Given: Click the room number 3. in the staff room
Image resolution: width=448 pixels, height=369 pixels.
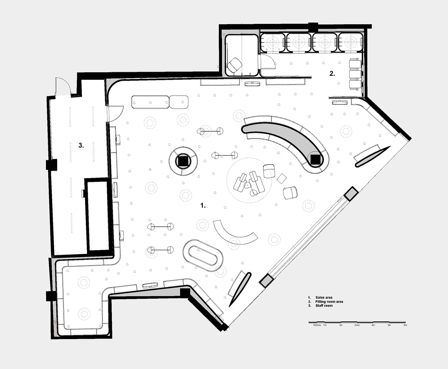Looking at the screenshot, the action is (81, 146).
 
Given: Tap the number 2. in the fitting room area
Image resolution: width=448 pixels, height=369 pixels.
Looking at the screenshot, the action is (332, 73).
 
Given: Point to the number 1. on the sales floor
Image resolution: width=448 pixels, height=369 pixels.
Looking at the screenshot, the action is (203, 205).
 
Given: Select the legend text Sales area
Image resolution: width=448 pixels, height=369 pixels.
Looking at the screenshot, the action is (324, 297).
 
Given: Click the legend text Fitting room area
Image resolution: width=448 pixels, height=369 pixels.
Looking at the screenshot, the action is (329, 301).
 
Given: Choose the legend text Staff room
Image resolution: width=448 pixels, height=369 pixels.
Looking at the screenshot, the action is (324, 305).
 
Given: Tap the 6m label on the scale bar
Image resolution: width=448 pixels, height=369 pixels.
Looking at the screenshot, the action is (405, 325).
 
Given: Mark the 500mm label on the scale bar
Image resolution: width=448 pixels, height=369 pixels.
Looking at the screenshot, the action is (317, 325).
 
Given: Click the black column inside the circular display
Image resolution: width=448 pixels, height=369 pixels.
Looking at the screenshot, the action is (183, 161).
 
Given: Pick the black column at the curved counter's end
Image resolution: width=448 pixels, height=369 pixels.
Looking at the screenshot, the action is (315, 159).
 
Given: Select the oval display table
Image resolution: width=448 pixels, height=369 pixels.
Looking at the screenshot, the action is (203, 256).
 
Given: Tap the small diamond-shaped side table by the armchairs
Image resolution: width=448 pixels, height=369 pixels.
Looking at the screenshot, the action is (282, 178).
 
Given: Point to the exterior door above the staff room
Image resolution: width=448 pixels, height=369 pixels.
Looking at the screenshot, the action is (63, 86).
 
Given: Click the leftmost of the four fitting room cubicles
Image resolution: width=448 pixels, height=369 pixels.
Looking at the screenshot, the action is (273, 43).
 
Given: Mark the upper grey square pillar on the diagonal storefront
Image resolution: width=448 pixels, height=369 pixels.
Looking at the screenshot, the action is (351, 194).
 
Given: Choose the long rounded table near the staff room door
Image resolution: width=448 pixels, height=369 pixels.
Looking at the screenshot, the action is (150, 102).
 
